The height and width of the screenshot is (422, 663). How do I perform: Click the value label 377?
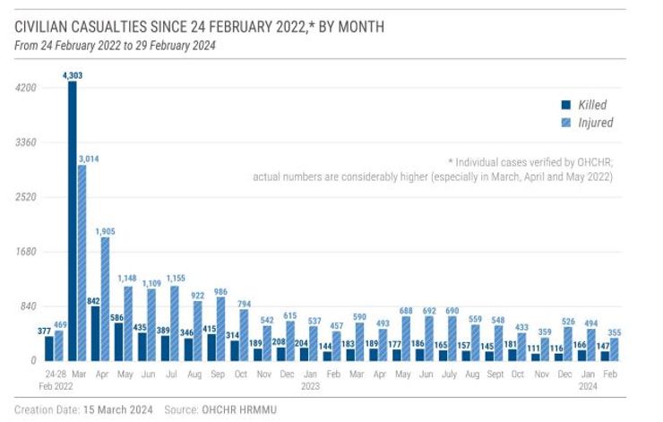42,330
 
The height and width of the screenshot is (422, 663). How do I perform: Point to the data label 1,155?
176,278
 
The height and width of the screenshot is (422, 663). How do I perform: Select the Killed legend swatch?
564,104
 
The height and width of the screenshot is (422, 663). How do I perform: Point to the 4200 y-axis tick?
25,88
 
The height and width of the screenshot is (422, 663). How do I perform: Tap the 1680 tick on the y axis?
25,252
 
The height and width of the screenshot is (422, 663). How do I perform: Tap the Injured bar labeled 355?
614,349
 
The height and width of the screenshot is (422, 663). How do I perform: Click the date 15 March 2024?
116,409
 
